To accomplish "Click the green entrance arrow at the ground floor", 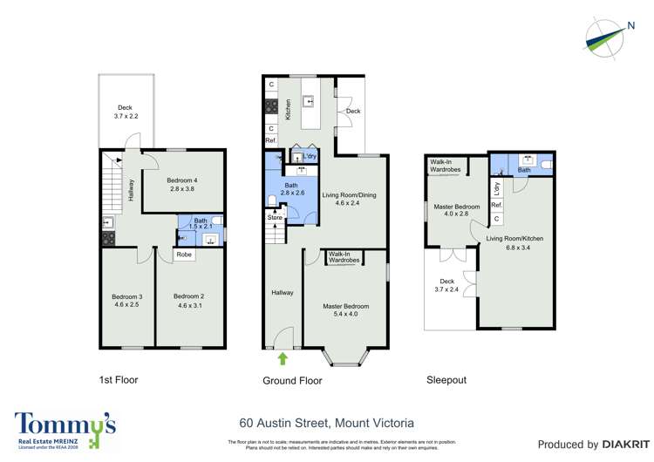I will pyautogui.click(x=282, y=357).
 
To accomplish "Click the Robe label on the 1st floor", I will pyautogui.click(x=184, y=255).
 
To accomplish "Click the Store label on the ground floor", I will pyautogui.click(x=275, y=218).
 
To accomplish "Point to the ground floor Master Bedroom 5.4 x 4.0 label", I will pyautogui.click(x=345, y=310).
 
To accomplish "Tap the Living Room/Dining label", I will pyautogui.click(x=349, y=200).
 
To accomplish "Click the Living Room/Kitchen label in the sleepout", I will pyautogui.click(x=515, y=242).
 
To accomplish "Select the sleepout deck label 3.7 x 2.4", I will pyautogui.click(x=447, y=286).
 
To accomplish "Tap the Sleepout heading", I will pyautogui.click(x=446, y=380).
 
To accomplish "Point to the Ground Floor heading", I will pyautogui.click(x=292, y=381).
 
